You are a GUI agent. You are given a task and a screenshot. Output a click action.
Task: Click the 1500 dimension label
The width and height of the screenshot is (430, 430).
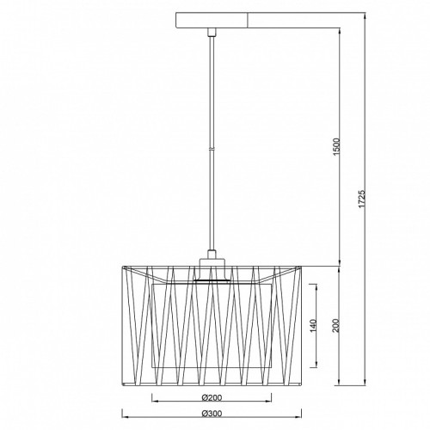pyautogui.click(x=337, y=146)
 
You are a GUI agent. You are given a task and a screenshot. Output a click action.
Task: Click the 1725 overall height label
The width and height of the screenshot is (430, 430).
pyautogui.click(x=362, y=198)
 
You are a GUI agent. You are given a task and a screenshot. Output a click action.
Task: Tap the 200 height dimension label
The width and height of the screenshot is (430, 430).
pyautogui.click(x=337, y=325)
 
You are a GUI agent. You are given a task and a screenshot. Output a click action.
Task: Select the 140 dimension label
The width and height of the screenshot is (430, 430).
pyautogui.click(x=313, y=326)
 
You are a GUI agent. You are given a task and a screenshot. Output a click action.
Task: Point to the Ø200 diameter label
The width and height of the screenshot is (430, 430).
pyautogui.click(x=212, y=397)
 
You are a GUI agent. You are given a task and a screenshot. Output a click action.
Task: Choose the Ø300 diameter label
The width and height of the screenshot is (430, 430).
pyautogui.click(x=212, y=414)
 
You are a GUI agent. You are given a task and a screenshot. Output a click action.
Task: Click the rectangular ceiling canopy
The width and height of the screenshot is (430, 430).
pyautogui.click(x=212, y=20)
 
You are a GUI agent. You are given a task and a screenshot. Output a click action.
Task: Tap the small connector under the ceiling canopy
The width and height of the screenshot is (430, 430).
pyautogui.click(x=212, y=32)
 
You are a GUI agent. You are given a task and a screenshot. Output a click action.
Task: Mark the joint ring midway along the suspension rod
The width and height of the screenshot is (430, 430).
pyautogui.click(x=212, y=149)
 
